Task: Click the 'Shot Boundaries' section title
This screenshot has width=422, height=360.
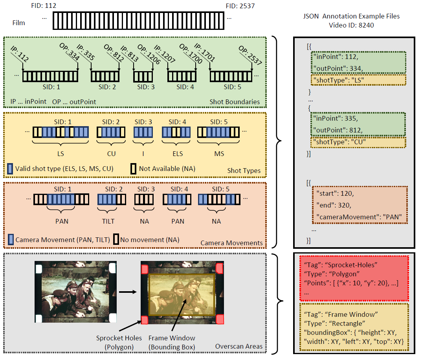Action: [235, 102]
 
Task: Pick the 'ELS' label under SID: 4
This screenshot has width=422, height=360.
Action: [177, 154]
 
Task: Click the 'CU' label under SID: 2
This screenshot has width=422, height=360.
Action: [111, 154]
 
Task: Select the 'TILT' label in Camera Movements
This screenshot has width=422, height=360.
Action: [110, 221]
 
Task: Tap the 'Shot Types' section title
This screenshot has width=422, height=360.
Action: [244, 171]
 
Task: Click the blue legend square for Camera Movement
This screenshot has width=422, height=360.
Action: [11, 239]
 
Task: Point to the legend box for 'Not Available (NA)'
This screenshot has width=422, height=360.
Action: [133, 169]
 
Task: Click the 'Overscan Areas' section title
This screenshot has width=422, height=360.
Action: [239, 346]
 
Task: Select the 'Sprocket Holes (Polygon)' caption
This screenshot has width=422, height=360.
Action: [116, 342]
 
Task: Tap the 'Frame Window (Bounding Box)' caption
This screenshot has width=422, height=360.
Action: [171, 342]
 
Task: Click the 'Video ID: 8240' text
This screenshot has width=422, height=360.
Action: [351, 26]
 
